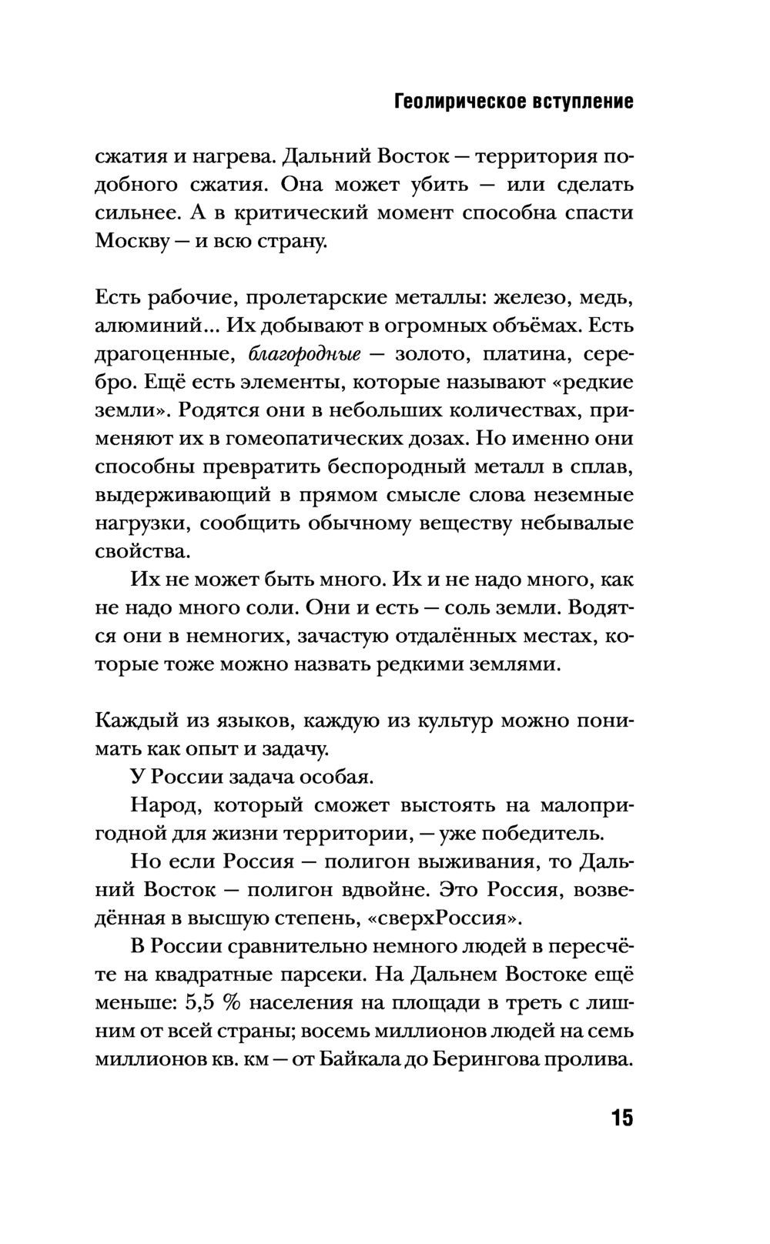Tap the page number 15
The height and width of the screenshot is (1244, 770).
point(621,1118)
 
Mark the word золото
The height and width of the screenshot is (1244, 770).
point(432,354)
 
